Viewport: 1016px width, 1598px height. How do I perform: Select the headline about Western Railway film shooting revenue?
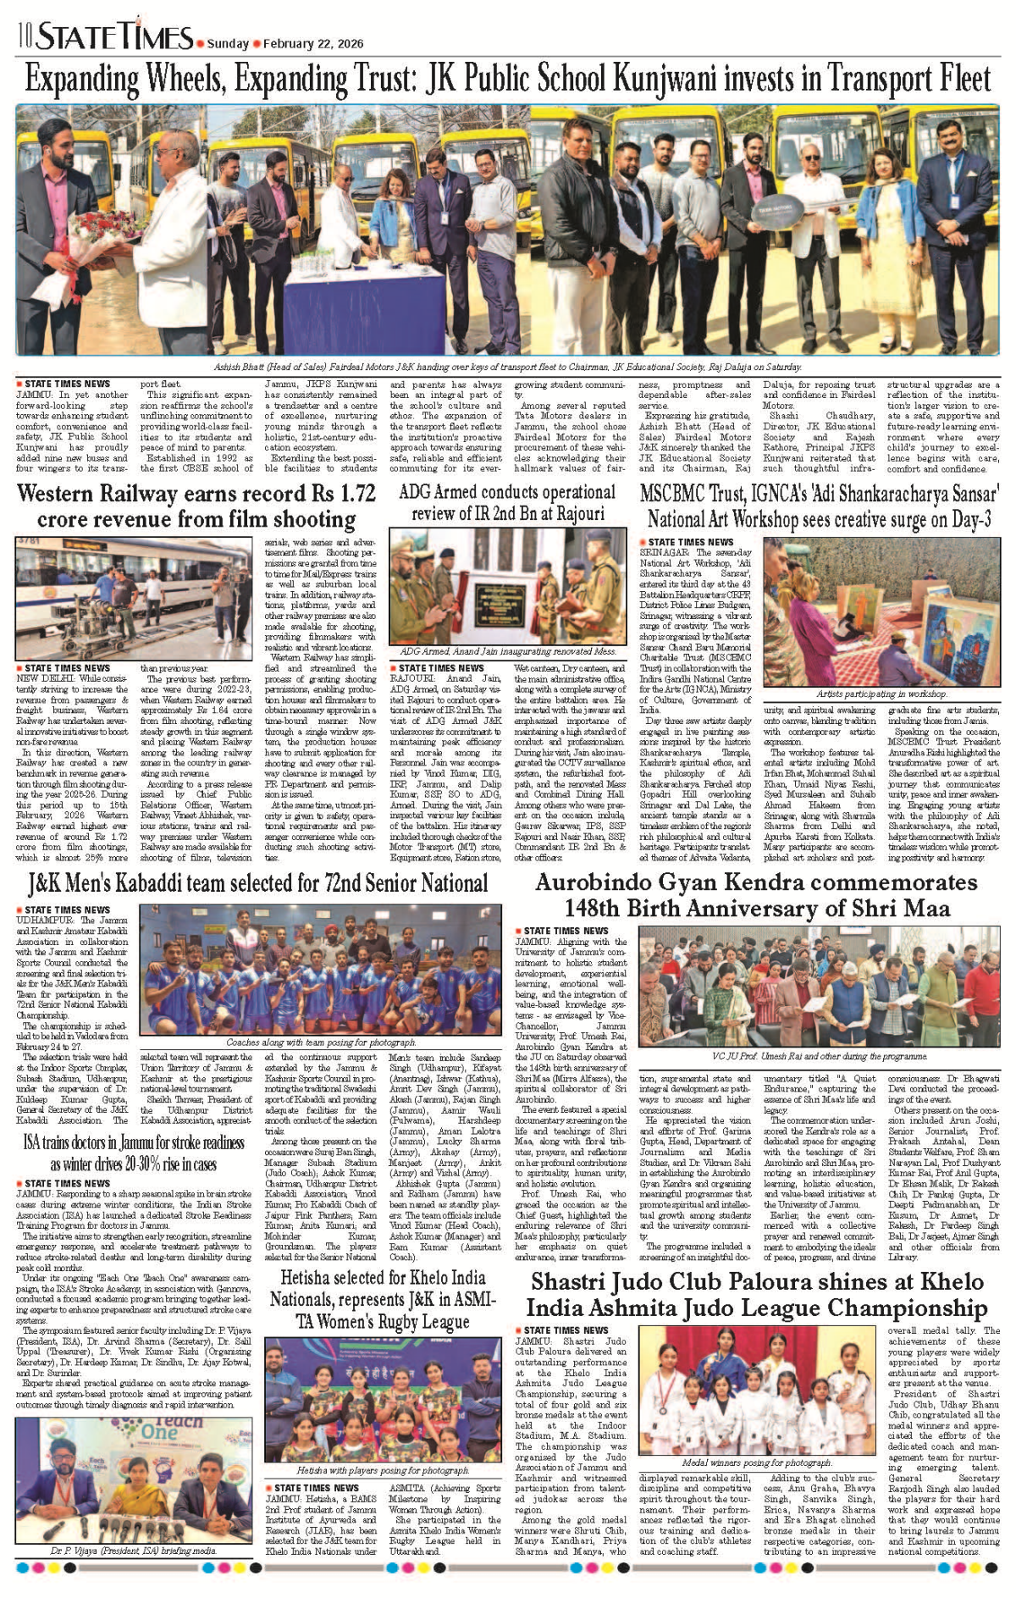coord(196,506)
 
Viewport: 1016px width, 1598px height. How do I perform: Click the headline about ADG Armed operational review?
coord(506,502)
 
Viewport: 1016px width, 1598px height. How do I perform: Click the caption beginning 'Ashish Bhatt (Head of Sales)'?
coord(507,367)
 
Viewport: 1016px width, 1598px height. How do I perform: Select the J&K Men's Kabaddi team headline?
coord(257,884)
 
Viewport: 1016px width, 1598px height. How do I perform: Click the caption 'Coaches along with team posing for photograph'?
coord(321,1042)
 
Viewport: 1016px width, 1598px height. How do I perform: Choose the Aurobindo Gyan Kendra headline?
coord(756,896)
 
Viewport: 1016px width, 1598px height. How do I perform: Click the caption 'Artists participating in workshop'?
coord(881,694)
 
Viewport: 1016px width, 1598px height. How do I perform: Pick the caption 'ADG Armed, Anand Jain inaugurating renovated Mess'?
coord(507,651)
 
